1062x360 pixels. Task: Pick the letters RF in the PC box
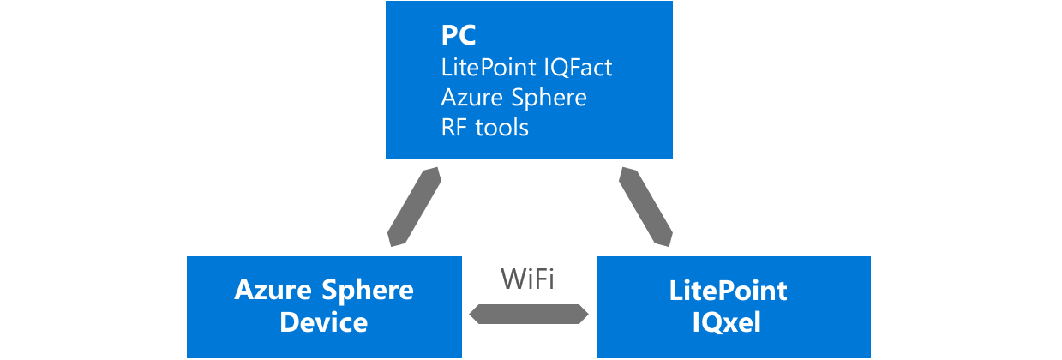(x=455, y=127)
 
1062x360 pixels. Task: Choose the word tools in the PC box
(x=503, y=127)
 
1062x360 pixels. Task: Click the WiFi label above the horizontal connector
(x=528, y=279)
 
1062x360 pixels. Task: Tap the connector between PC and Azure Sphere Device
(x=415, y=207)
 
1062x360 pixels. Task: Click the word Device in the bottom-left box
(x=324, y=322)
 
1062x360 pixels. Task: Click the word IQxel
(x=733, y=322)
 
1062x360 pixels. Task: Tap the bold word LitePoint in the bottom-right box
(x=733, y=291)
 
